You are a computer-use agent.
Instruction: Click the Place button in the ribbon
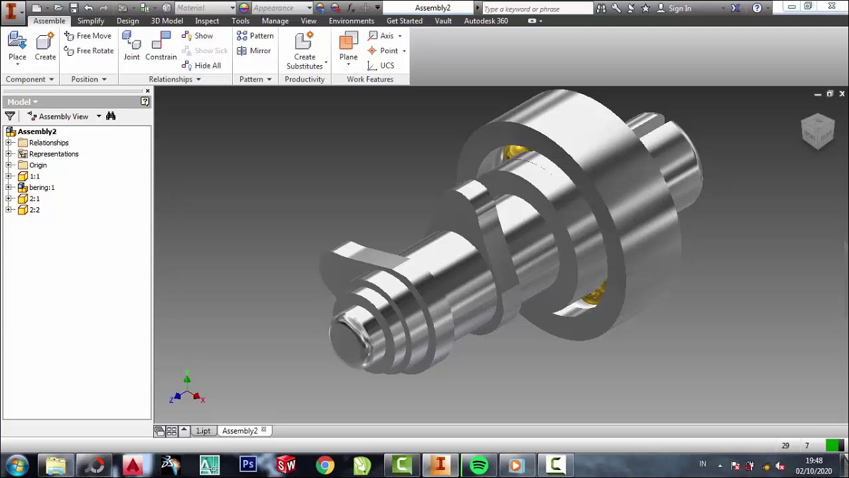pos(17,46)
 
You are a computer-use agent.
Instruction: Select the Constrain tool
pos(161,46)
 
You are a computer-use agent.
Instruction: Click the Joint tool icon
pos(131,46)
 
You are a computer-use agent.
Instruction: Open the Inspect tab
pos(207,21)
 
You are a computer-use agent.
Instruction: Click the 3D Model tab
pos(166,21)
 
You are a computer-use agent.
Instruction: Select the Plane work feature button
pos(348,46)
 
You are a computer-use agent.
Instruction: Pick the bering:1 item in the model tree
pos(41,187)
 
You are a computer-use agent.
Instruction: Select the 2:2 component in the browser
pos(34,210)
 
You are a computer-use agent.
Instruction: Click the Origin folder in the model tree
pos(37,165)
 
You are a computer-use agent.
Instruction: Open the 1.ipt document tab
pos(203,431)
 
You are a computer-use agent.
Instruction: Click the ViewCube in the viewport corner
pos(817,131)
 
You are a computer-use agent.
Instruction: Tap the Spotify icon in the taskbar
pos(479,465)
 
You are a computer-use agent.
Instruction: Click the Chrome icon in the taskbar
pos(324,465)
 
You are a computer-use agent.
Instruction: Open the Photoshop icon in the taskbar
pos(248,465)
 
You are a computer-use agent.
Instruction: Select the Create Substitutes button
pos(304,50)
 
